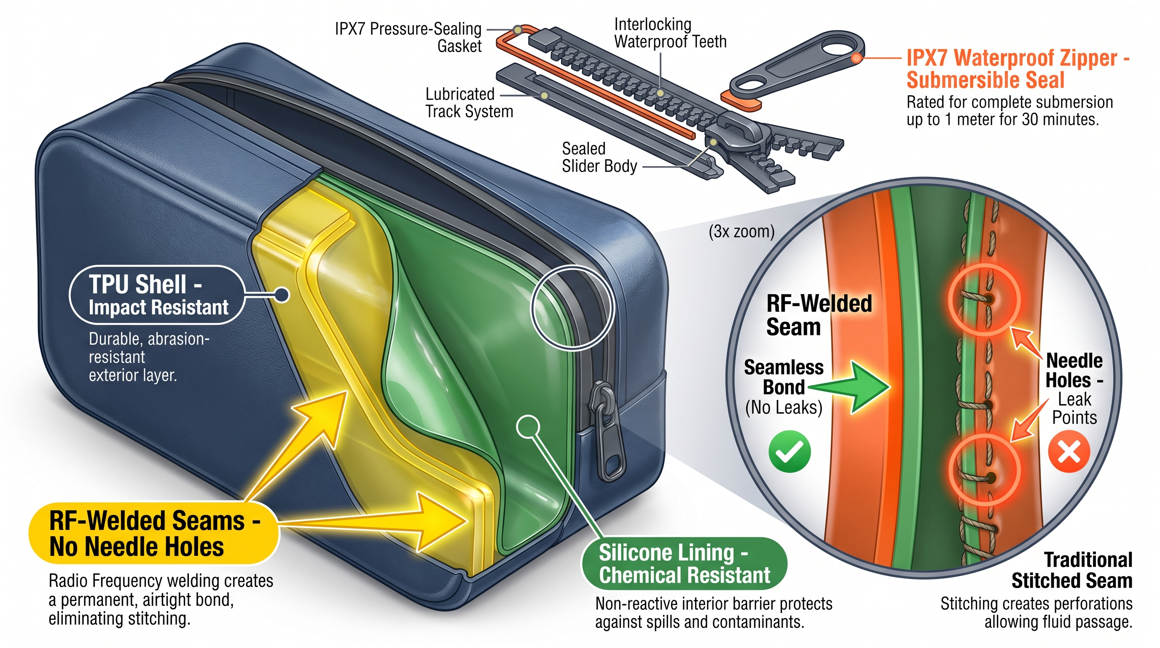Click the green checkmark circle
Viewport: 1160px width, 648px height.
789,451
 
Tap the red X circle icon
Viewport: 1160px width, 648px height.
1069,451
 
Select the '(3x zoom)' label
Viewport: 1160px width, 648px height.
741,232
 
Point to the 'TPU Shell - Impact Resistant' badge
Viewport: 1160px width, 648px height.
157,295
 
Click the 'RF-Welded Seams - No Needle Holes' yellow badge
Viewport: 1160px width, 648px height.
153,534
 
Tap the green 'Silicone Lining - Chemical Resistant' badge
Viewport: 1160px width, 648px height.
684,563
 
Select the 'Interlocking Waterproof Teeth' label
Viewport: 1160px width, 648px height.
670,33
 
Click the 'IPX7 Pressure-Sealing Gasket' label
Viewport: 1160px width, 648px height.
408,38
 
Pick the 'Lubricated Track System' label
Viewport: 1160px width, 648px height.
469,103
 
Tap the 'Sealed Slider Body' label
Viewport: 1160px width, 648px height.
599,157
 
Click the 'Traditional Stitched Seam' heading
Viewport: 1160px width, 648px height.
1071,570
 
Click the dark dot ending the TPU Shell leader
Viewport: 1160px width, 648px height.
282,295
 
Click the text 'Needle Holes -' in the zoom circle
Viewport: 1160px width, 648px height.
1074,370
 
